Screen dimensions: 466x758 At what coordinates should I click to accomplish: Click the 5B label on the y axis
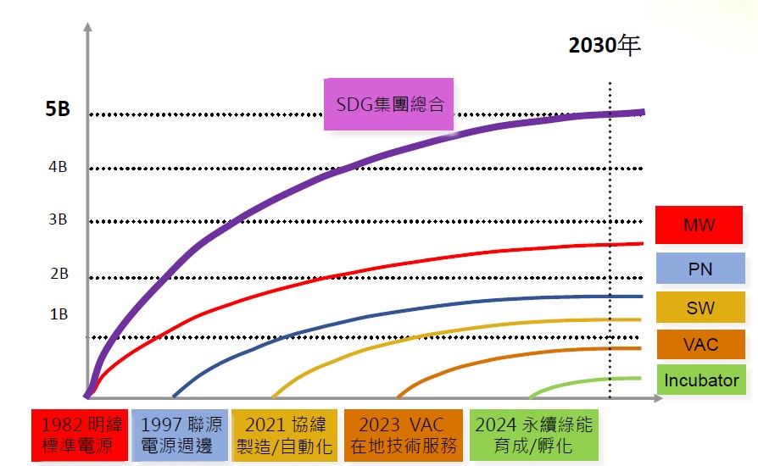click(58, 110)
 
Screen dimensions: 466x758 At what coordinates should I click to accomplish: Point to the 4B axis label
click(58, 167)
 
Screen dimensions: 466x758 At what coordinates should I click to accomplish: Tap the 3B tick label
click(58, 219)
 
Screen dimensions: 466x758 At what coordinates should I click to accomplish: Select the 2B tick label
click(58, 274)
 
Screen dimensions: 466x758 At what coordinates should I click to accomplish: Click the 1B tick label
click(58, 314)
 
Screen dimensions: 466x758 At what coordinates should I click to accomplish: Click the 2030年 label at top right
click(604, 45)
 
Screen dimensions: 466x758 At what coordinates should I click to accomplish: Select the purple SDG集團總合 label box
click(389, 105)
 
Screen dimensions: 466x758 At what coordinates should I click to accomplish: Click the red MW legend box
click(699, 225)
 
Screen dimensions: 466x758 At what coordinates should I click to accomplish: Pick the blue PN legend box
click(699, 269)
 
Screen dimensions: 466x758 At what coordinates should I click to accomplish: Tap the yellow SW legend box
click(699, 308)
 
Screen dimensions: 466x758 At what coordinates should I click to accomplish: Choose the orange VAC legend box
click(699, 345)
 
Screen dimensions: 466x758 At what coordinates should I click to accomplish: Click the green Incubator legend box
click(700, 380)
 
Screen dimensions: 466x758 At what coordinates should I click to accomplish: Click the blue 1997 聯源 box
click(181, 435)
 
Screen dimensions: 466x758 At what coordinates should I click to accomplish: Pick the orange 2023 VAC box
click(403, 435)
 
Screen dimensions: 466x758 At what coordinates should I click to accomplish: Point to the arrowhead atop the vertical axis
click(86, 28)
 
